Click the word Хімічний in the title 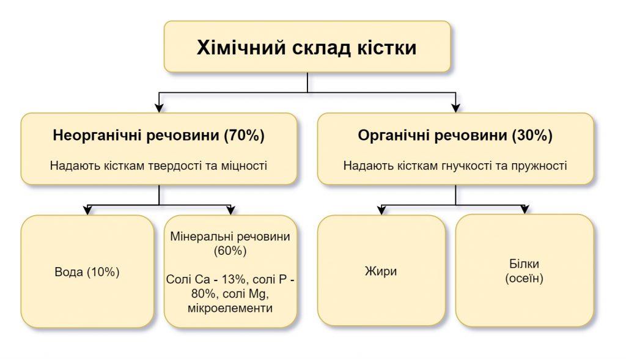pyautogui.click(x=241, y=48)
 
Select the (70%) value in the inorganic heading pyautogui.click(x=245, y=135)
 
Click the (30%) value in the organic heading pyautogui.click(x=532, y=135)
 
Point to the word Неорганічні pyautogui.click(x=96, y=136)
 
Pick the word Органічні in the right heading pyautogui.click(x=393, y=136)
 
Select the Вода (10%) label pyautogui.click(x=87, y=272)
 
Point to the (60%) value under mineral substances pyautogui.click(x=230, y=251)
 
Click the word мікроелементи pyautogui.click(x=230, y=308)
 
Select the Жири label pyautogui.click(x=381, y=271)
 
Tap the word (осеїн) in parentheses pyautogui.click(x=524, y=278)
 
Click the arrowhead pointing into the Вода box pyautogui.click(x=87, y=210)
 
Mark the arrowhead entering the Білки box pyautogui.click(x=525, y=210)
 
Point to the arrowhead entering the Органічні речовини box pyautogui.click(x=455, y=108)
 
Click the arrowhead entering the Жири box pyautogui.click(x=381, y=210)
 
